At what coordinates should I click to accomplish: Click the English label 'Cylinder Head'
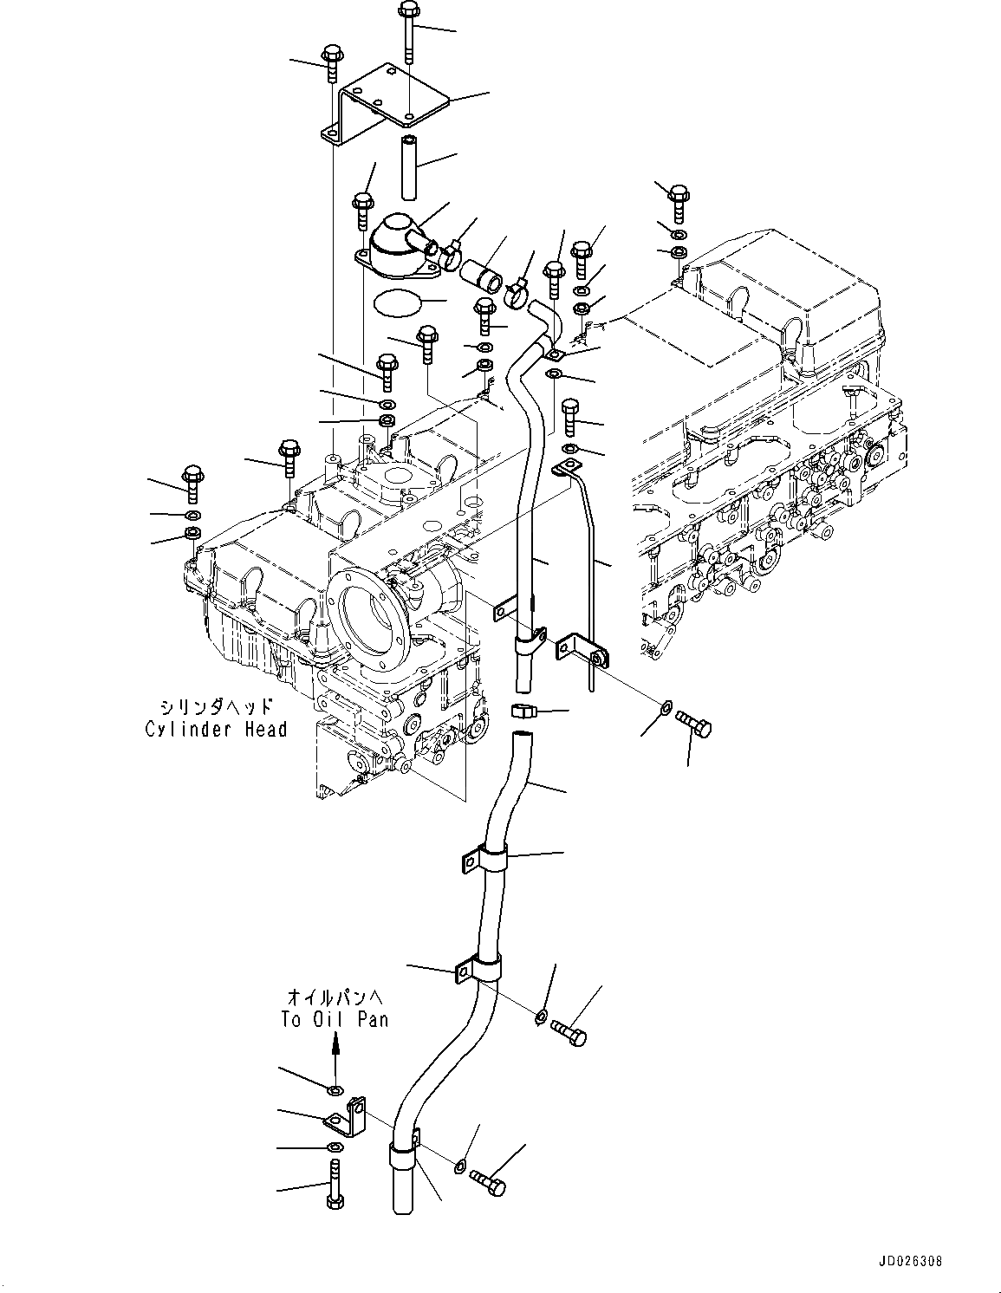[x=216, y=729]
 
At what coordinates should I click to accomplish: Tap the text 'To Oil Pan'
[x=335, y=1019]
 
